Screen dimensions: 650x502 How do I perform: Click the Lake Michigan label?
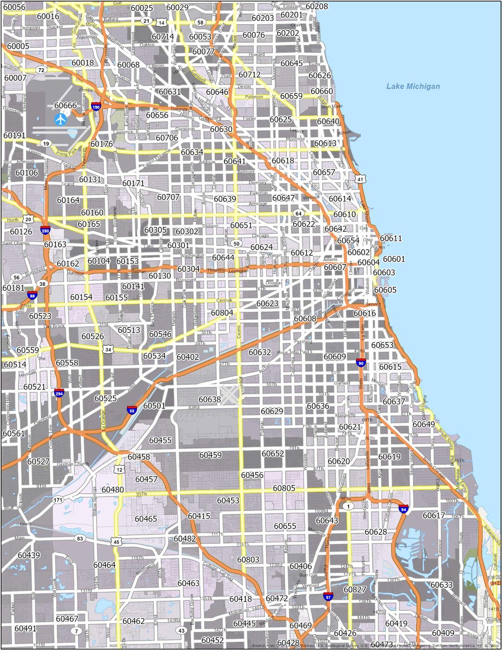[413, 86]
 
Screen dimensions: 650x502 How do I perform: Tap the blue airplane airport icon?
[60, 119]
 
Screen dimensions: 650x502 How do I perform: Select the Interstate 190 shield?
[96, 107]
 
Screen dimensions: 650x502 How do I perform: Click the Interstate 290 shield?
[45, 230]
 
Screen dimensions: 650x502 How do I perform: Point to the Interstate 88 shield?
[32, 295]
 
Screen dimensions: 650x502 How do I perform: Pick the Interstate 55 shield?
[132, 410]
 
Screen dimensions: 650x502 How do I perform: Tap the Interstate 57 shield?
[328, 597]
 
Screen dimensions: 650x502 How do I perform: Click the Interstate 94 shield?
[403, 509]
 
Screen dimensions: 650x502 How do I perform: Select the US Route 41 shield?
[361, 179]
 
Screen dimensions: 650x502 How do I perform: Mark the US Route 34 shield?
[108, 349]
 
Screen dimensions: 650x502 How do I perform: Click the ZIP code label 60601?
[394, 259]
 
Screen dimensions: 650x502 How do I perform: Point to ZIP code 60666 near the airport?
[66, 106]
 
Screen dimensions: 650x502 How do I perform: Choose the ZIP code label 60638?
[210, 399]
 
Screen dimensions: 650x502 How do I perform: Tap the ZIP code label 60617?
[434, 515]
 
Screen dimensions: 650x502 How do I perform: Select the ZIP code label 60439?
[29, 555]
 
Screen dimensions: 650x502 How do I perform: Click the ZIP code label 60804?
[222, 313]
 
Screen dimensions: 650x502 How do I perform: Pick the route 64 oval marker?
[298, 213]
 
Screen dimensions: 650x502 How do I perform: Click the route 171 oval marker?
[58, 500]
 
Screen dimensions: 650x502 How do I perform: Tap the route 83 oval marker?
[80, 538]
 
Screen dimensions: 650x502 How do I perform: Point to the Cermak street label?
[224, 300]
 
